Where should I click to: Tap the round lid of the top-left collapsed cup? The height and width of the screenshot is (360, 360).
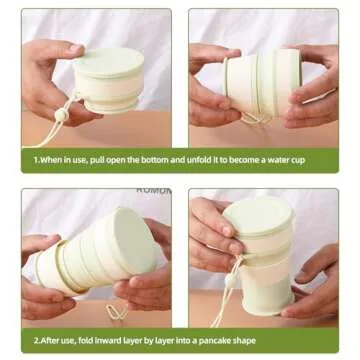pyautogui.click(x=109, y=62)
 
